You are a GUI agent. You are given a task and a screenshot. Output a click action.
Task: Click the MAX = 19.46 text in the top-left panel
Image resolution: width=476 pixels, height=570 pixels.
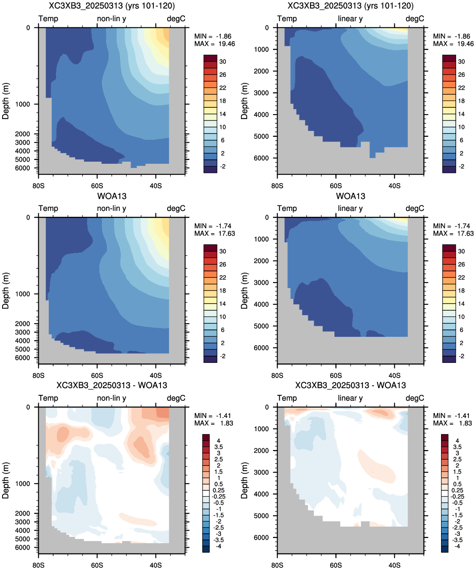[214, 44]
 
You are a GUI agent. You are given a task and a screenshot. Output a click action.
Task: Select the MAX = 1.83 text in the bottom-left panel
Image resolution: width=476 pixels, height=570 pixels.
[214, 423]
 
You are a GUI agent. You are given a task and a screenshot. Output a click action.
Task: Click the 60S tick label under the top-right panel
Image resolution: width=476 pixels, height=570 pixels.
[336, 186]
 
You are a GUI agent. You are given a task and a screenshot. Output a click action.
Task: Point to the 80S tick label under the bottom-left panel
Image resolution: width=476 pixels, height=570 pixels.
[38, 565]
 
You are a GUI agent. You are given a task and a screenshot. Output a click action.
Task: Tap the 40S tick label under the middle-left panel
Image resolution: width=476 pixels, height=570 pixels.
[156, 376]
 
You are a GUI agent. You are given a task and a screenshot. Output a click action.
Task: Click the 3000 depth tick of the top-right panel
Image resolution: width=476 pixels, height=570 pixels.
[262, 93]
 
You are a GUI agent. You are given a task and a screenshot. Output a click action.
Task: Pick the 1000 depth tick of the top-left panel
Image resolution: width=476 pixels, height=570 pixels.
[23, 104]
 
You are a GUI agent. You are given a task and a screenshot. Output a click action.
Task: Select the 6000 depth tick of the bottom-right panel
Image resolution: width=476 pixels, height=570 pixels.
[262, 538]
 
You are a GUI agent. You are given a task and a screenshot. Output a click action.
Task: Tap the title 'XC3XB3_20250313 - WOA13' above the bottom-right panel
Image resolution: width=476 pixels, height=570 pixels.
[350, 385]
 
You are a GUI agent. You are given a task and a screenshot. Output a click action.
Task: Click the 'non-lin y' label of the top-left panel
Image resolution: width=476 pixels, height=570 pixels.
[112, 19]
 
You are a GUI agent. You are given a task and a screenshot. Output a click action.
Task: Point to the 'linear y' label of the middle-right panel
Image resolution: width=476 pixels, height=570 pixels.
[350, 208]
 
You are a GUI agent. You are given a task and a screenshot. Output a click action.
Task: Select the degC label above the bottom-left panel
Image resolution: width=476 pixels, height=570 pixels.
[176, 398]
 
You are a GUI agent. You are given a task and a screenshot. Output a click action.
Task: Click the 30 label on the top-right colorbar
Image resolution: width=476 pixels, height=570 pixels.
[462, 61]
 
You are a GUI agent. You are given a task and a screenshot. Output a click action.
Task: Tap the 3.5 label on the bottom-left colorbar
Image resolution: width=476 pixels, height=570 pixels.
[219, 447]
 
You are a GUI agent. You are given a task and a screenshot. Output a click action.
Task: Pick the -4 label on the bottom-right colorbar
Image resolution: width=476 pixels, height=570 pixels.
[457, 546]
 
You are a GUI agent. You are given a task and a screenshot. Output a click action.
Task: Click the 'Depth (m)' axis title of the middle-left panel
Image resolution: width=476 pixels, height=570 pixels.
[5, 290]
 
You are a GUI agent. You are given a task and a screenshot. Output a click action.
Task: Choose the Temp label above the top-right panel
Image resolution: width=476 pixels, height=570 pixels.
[287, 19]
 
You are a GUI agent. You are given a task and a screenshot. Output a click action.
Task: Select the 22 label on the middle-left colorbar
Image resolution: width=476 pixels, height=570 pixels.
[223, 277]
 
